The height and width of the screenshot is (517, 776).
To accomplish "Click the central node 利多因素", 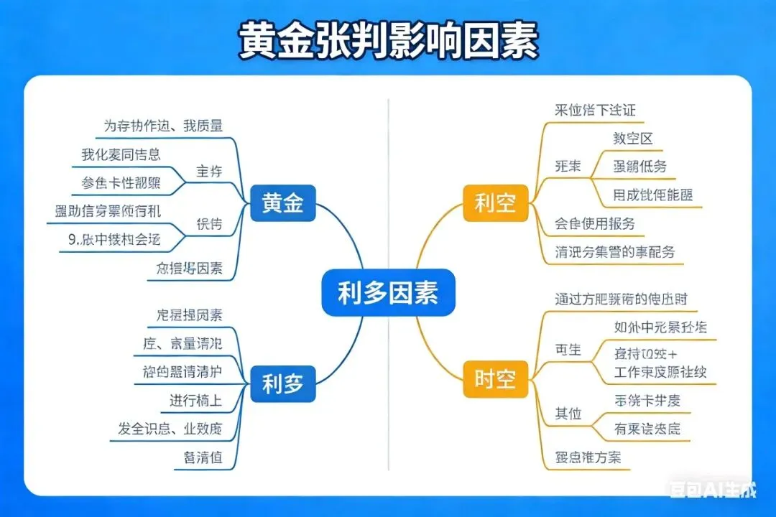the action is [388, 293].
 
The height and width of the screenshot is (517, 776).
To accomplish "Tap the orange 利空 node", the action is [495, 202].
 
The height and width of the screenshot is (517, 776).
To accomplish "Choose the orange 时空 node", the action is [495, 378].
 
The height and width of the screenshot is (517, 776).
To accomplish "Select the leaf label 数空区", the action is [632, 139].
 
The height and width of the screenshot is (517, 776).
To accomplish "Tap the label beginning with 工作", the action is [660, 372].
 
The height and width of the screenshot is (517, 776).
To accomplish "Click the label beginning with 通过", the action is [626, 298].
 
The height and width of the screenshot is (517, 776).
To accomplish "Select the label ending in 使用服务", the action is [595, 223].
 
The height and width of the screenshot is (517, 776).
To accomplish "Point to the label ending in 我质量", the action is [163, 126].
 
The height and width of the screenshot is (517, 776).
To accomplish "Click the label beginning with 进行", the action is [195, 401].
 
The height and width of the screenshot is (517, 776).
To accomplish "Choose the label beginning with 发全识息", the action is [170, 429].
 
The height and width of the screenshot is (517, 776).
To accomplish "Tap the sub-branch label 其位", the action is [568, 414].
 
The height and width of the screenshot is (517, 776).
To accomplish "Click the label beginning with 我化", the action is [121, 154].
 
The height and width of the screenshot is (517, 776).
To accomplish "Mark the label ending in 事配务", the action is [615, 252].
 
